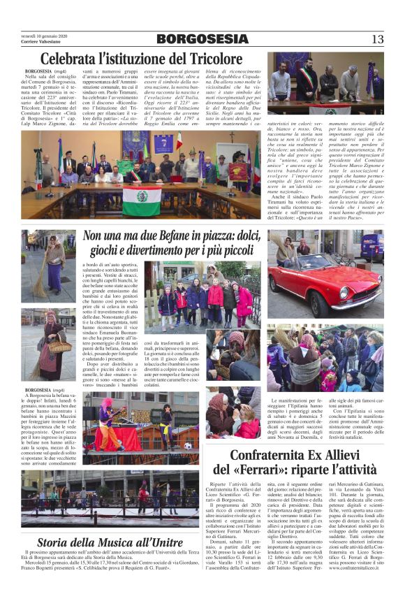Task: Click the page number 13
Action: pyautogui.click(x=377, y=39)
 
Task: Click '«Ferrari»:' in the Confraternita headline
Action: pyautogui.click(x=275, y=471)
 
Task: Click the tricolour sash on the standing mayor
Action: pyautogui.click(x=307, y=75)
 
